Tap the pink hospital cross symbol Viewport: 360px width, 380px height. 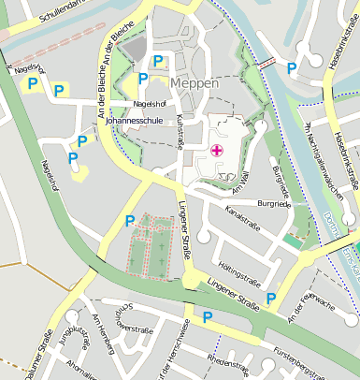pos(217,150)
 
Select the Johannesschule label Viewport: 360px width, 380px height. pos(135,121)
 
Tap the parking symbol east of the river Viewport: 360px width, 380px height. pos(293,67)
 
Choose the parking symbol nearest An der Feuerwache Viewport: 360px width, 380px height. pos(271,299)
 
